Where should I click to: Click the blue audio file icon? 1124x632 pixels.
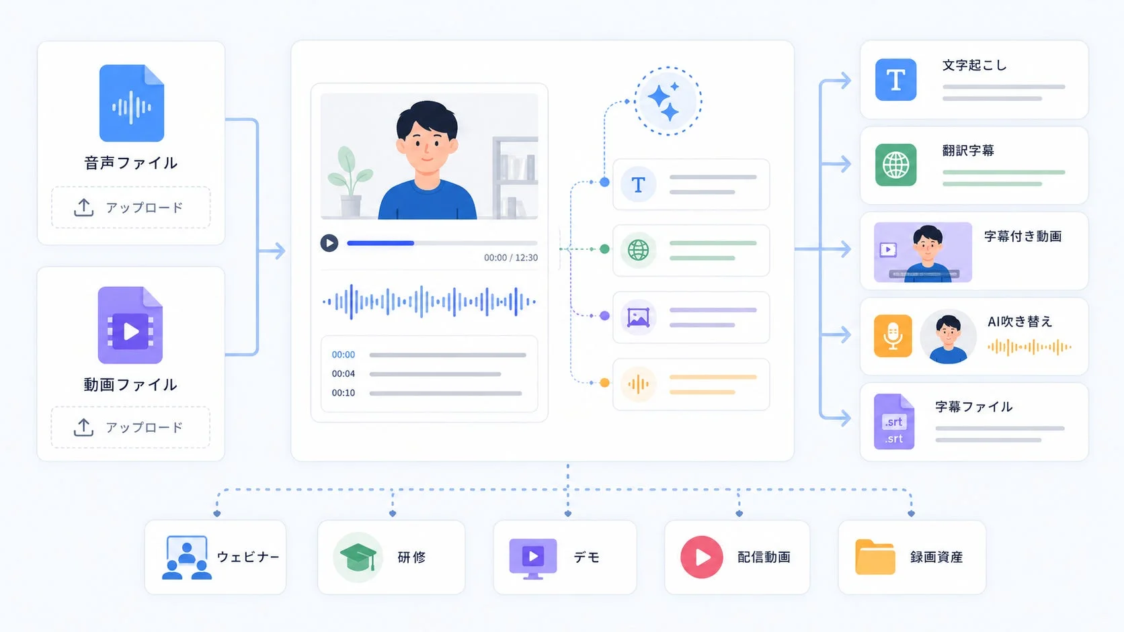132,103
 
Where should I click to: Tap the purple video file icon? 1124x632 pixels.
130,325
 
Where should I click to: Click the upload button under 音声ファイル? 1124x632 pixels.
131,208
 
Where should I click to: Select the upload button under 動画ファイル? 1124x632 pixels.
130,428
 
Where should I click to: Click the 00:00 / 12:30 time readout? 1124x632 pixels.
511,258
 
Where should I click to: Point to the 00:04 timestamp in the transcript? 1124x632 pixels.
344,374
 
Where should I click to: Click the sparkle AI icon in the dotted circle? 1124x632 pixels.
668,101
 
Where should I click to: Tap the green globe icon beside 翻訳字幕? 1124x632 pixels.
895,165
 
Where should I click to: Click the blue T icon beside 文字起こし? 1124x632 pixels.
895,80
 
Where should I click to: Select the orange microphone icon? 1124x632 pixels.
893,336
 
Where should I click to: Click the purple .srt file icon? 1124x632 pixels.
894,422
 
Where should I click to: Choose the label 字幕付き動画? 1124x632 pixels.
1022,236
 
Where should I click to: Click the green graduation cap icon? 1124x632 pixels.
358,557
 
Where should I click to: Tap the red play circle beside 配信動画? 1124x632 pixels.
702,557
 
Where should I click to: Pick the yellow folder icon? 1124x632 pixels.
875,557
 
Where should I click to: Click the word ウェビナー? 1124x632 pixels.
248,557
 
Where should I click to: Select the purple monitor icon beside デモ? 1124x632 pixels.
533,559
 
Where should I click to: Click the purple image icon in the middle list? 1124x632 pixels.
638,317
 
